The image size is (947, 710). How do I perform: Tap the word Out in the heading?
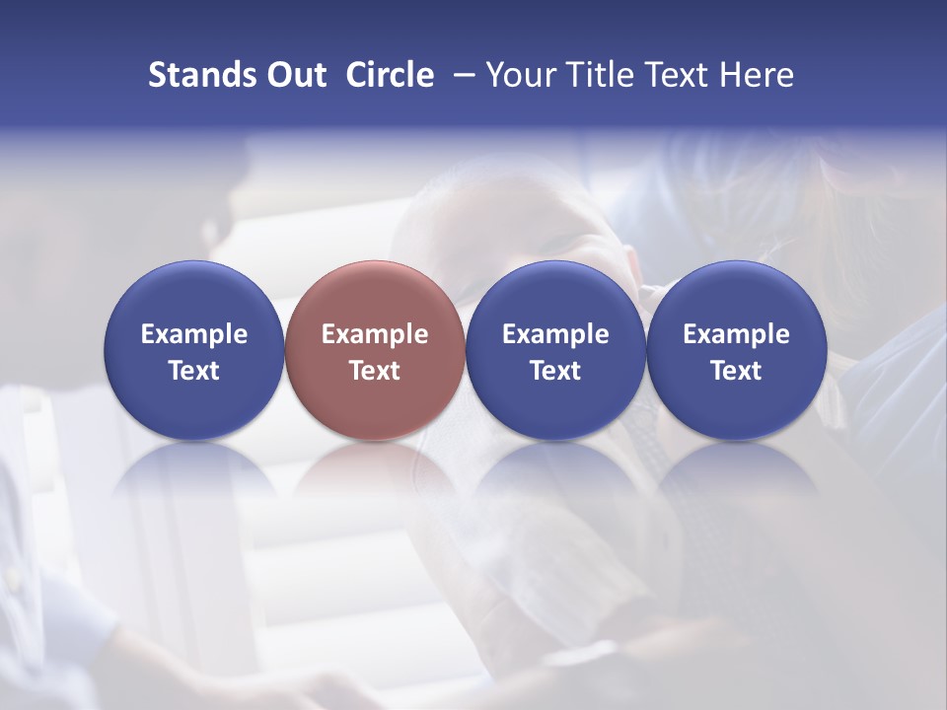(296, 75)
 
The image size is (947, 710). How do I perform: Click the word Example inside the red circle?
(375, 334)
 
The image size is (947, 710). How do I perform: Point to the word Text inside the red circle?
(375, 371)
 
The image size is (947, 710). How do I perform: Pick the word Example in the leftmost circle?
(194, 334)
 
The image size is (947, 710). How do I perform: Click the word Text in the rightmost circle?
(736, 371)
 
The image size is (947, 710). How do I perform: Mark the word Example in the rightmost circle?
(736, 334)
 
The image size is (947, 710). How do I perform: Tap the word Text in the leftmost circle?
(194, 371)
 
